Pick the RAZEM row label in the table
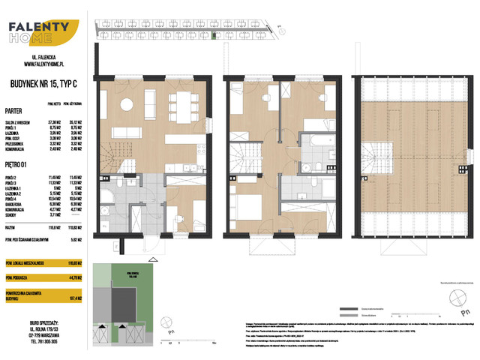pyautogui.click(x=10, y=224)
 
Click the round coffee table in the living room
pyautogui.click(x=129, y=104)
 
